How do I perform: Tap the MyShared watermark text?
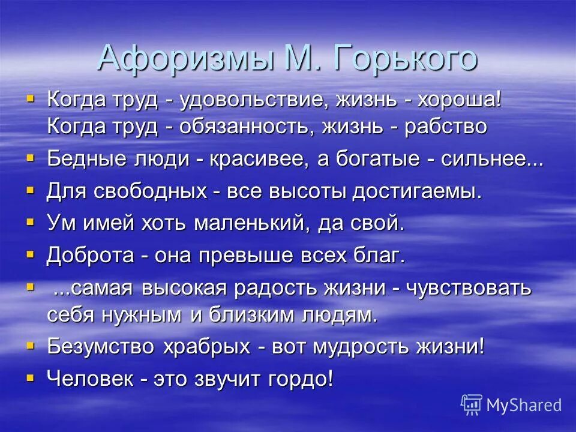tap(524, 404)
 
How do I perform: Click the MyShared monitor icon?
tap(472, 404)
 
